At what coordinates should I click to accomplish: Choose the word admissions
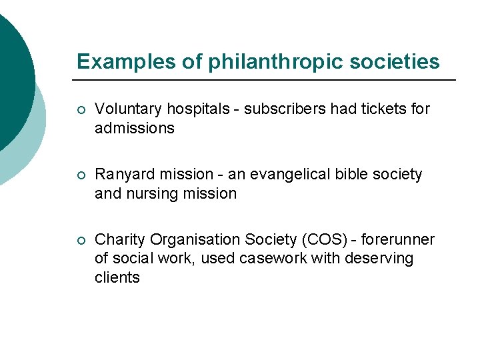point(134,128)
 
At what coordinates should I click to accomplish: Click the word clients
point(117,278)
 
